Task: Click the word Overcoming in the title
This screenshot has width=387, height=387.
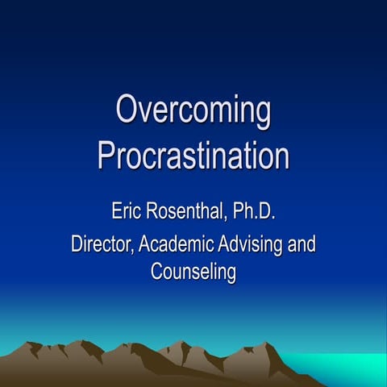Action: coord(193,112)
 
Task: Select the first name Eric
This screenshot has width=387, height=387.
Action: coord(128,214)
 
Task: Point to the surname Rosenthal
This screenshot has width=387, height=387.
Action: coord(193,214)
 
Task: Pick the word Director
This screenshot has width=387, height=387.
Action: coord(100,243)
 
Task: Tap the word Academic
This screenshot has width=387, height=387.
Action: coord(173,243)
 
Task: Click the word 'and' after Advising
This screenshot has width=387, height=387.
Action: coord(301,243)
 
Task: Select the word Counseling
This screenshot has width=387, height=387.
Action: coord(193,273)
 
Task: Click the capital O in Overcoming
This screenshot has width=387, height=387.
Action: coord(127,110)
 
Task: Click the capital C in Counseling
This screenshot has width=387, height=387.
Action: coord(157,271)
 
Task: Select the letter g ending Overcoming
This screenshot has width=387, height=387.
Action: coord(262,115)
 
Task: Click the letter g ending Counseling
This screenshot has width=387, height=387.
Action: coord(231,275)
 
